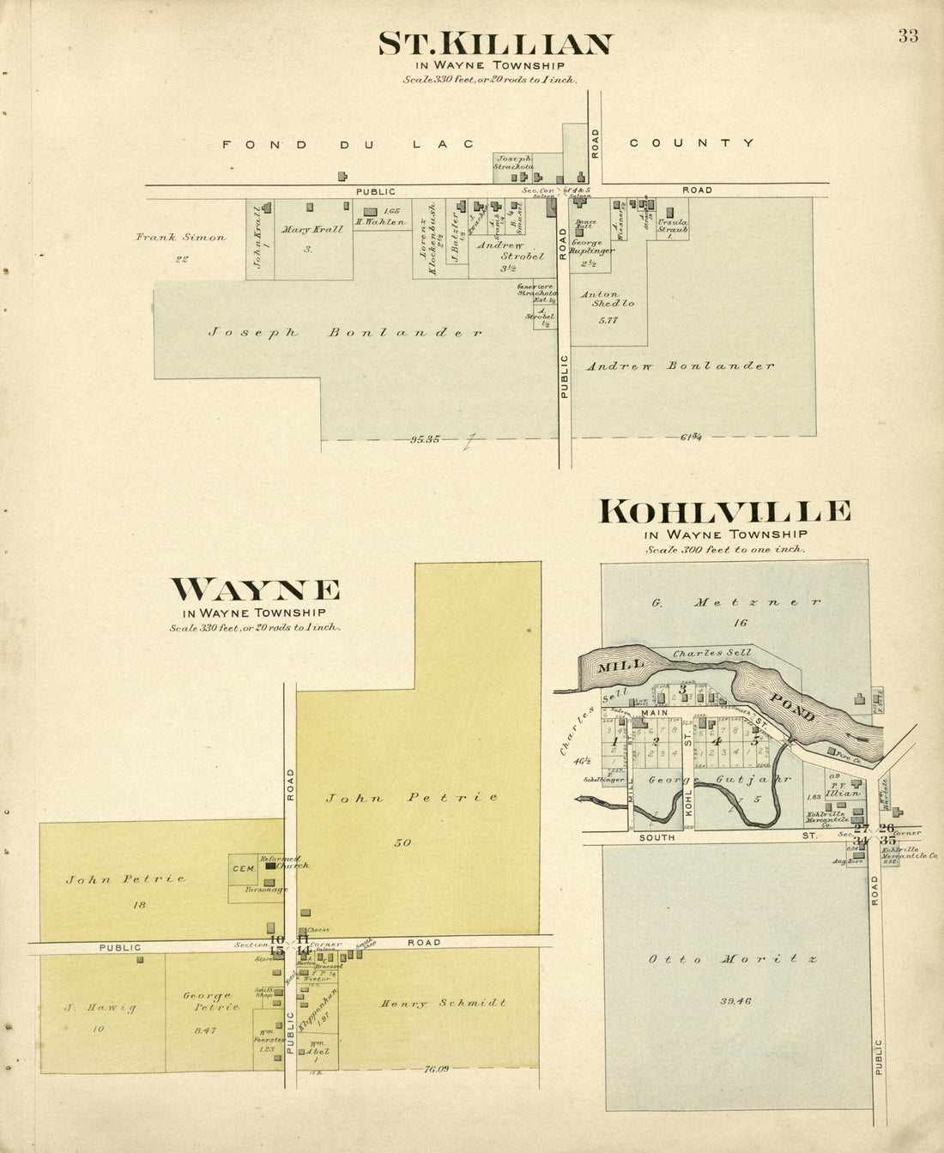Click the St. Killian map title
(496, 45)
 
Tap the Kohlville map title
(725, 512)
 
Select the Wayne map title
(255, 590)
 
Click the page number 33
(908, 36)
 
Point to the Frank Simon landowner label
(180, 238)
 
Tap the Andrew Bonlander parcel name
(680, 365)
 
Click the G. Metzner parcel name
(735, 602)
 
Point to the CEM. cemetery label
(243, 869)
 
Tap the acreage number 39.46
(737, 1000)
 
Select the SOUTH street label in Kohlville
(658, 836)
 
